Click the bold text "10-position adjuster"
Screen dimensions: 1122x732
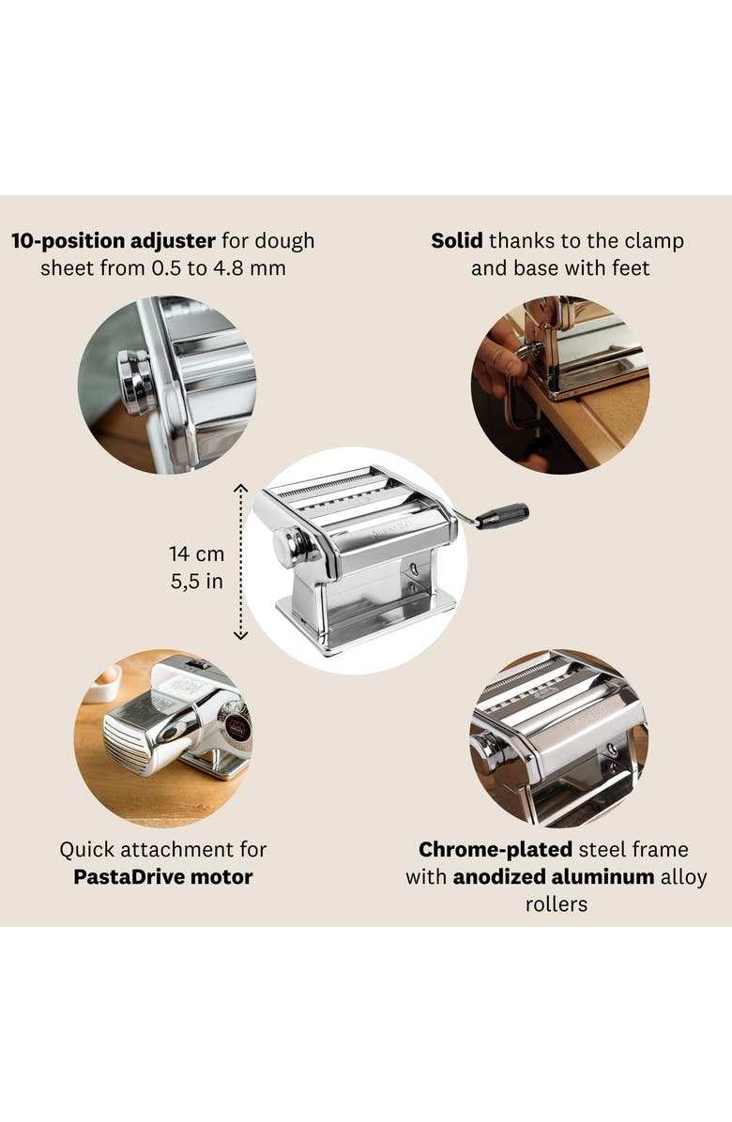(114, 240)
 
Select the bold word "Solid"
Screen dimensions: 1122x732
(457, 240)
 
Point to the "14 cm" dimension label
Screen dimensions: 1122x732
(196, 553)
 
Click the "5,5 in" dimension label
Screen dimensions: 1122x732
(196, 582)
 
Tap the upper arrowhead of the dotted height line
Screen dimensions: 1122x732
(240, 488)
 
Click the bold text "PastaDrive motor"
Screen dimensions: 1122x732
(162, 878)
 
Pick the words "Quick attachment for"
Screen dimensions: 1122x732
(162, 850)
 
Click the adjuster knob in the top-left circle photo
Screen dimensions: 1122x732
(137, 383)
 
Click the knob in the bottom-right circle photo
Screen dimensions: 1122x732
(485, 751)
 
